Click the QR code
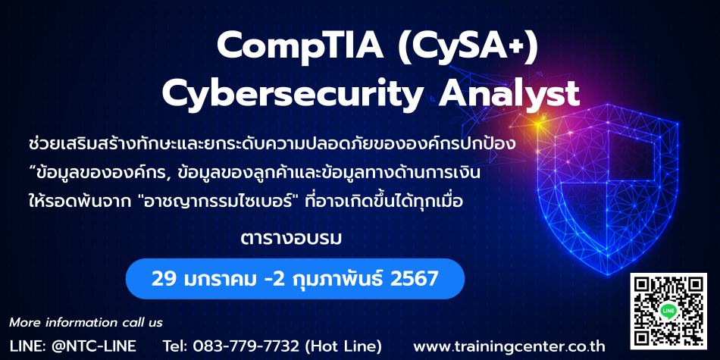[668, 311]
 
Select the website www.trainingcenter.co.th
[509, 346]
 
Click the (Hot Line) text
[342, 346]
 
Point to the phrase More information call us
[86, 323]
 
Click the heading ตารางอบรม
[291, 239]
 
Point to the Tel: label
[176, 346]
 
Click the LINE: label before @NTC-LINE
[27, 346]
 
